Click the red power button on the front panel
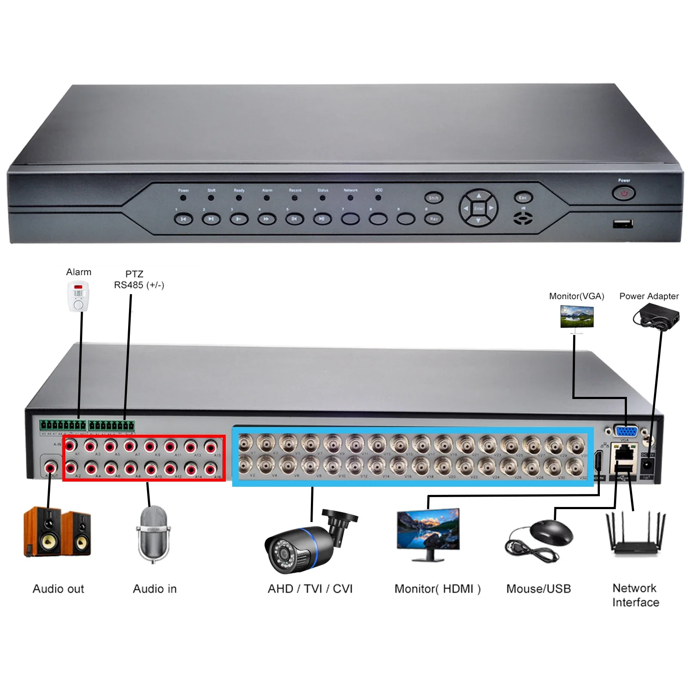coord(623,193)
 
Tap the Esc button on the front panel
coord(523,198)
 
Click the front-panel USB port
coord(623,224)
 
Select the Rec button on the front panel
coord(434,219)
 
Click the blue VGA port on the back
coord(626,431)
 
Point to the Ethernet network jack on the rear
coord(623,453)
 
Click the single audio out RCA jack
coord(51,466)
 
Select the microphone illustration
coord(154,533)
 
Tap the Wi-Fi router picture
coord(635,533)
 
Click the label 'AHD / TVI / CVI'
coord(310,589)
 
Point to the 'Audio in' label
coord(155,589)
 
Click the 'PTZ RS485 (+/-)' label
coord(138,279)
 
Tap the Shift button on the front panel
coord(433,198)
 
